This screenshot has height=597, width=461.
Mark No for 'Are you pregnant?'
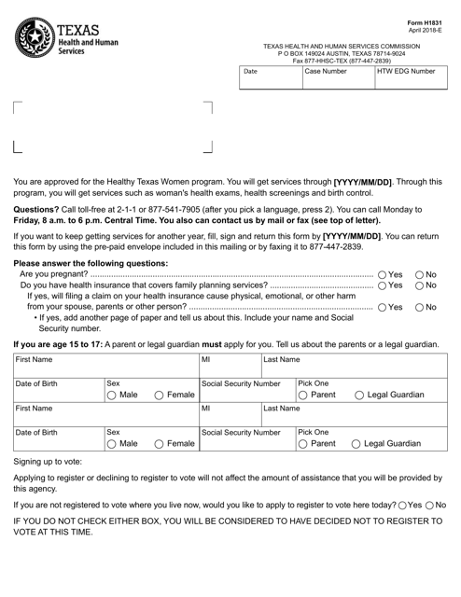tap(418, 275)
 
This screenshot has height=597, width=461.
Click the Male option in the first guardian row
tap(113, 395)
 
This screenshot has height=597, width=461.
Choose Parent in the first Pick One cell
tap(302, 395)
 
